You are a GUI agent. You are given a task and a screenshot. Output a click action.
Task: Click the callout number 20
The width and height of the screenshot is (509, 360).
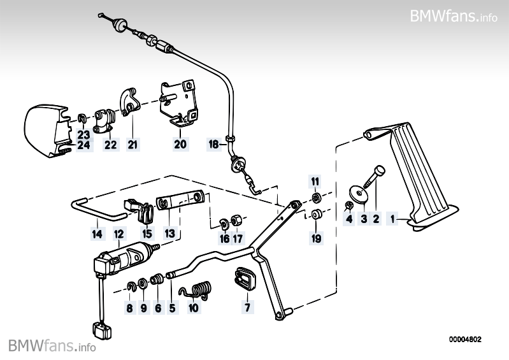[180, 144]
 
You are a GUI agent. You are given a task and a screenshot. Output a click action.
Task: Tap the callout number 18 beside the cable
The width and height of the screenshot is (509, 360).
[213, 144]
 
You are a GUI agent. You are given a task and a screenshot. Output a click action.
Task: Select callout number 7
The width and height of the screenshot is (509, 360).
[247, 306]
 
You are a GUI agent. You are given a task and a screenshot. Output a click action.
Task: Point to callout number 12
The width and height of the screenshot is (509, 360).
[119, 234]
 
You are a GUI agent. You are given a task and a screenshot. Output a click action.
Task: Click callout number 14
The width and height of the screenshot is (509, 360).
[97, 234]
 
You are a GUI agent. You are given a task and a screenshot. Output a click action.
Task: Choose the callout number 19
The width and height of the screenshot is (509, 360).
[316, 238]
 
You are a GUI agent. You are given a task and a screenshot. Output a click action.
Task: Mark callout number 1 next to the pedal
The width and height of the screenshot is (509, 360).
[392, 219]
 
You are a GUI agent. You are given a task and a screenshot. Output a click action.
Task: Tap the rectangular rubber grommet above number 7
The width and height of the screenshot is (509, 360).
[245, 279]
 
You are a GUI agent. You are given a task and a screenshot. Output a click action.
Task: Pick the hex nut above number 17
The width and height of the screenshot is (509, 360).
[235, 220]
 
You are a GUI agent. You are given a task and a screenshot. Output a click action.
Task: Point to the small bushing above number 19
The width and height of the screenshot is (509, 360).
[315, 215]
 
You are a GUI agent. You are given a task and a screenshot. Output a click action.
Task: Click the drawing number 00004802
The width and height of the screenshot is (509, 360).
[465, 340]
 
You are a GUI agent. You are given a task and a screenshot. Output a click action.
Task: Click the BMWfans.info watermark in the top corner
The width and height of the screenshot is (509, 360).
[454, 15]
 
